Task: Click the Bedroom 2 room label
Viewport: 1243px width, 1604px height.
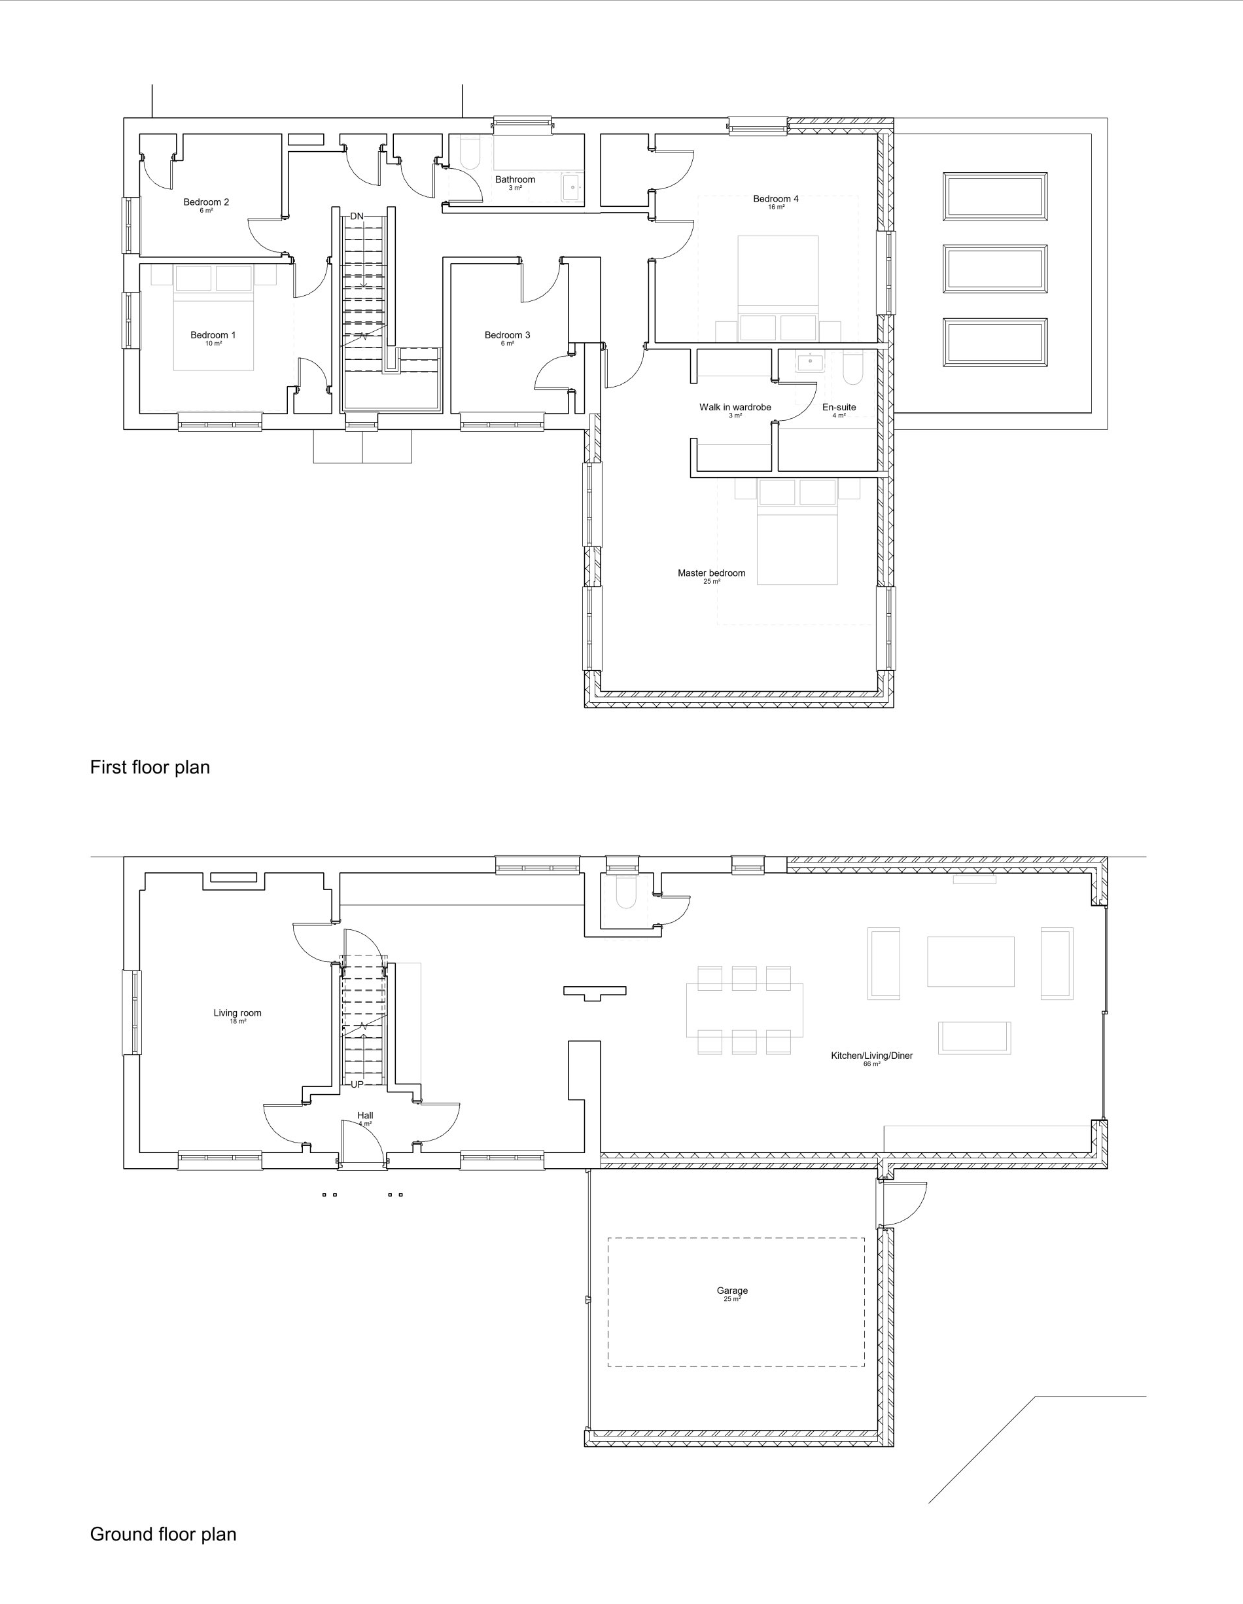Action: (x=206, y=202)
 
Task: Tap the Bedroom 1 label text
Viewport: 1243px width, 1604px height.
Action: (x=213, y=335)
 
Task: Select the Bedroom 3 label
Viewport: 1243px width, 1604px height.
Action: (x=507, y=335)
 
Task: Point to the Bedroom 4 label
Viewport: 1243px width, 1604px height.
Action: (x=776, y=198)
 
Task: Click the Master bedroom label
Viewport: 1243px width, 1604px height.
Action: (x=711, y=573)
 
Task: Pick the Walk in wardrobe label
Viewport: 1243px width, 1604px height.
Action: (x=735, y=407)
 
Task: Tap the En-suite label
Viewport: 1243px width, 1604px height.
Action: (x=839, y=407)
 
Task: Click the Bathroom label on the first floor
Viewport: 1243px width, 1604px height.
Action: (x=516, y=179)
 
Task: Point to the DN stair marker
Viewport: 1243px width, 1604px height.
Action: (x=357, y=216)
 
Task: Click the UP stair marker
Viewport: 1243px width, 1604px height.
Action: (x=357, y=1084)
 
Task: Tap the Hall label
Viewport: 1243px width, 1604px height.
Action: (x=365, y=1115)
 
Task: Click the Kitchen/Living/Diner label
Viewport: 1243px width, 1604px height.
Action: (x=872, y=1056)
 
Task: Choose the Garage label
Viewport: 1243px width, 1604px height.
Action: (x=732, y=1291)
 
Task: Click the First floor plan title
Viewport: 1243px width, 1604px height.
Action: (x=150, y=768)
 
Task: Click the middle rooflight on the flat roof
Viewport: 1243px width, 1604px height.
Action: (x=995, y=270)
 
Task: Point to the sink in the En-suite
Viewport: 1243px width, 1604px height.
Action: (x=811, y=361)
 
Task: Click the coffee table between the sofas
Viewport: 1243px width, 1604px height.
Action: (x=971, y=961)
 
